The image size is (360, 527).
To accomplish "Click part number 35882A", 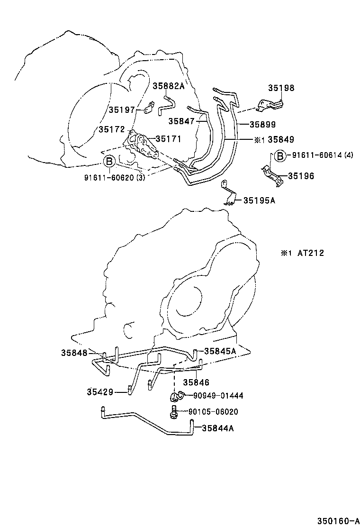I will (x=168, y=86).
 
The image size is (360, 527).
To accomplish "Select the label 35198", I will (x=281, y=88).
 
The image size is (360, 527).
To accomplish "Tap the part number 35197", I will (x=122, y=109).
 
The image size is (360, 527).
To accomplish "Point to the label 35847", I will (x=181, y=121).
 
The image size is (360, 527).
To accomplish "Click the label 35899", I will (x=262, y=126).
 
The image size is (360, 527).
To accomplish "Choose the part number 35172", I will (x=111, y=129).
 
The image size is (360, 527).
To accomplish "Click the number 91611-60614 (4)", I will (x=322, y=155).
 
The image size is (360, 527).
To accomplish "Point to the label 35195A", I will (x=259, y=200).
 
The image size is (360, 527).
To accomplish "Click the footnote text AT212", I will (x=310, y=253).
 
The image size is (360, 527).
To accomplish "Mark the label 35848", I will (x=73, y=353).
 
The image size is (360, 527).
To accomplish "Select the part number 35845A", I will (x=220, y=351).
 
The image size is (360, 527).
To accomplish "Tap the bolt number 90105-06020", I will (x=213, y=412).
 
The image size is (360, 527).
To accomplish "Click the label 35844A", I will (x=217, y=428).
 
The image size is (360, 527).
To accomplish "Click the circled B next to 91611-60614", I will (x=279, y=155).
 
